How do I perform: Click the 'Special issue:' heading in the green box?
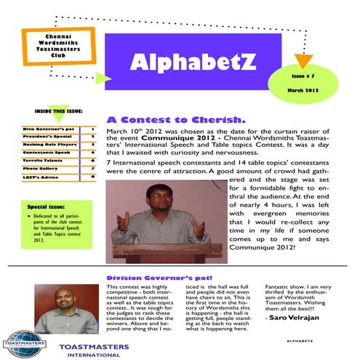pyautogui.click(x=46, y=207)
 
